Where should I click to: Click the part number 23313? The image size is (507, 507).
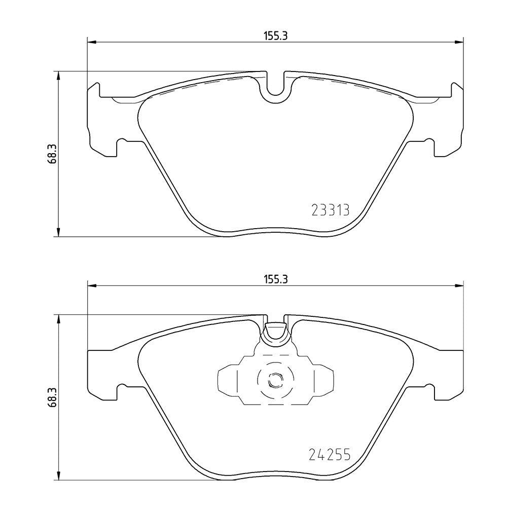[x=331, y=210]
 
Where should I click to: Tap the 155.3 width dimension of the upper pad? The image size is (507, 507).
[x=276, y=36]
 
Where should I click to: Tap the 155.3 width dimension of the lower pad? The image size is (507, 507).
[x=276, y=279]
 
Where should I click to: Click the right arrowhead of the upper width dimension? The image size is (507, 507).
[x=459, y=42]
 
